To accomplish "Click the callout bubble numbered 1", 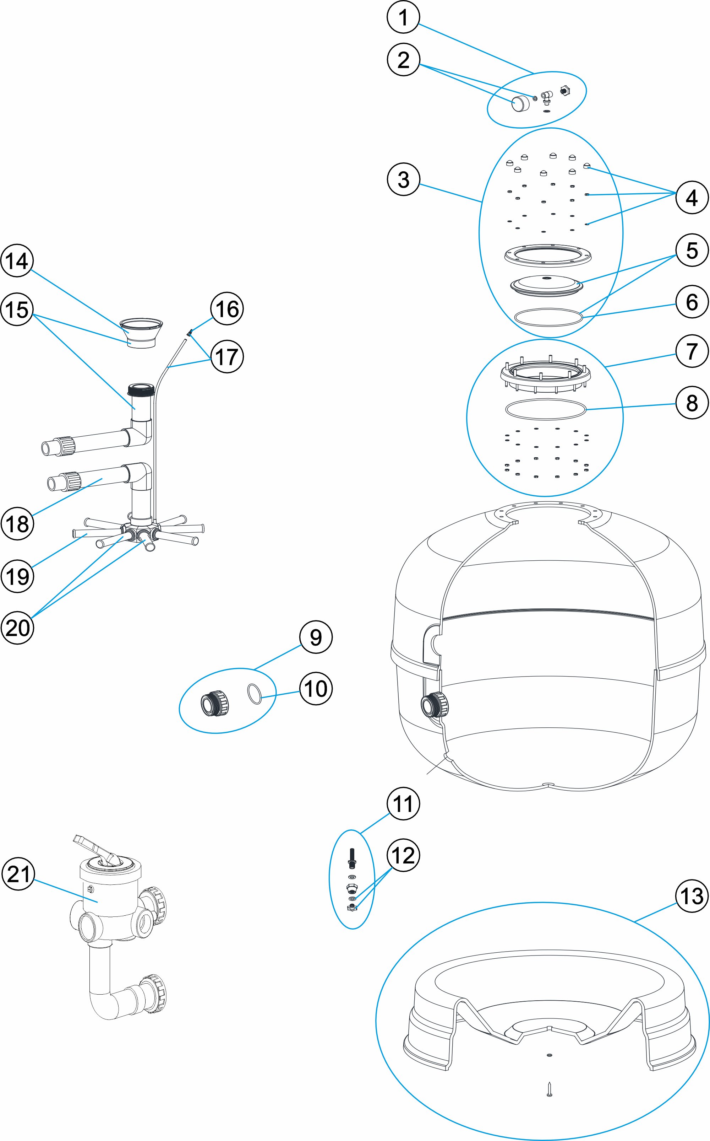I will [x=403, y=17].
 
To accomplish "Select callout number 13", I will [x=692, y=896].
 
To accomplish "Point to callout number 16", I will [x=227, y=309].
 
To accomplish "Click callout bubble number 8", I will [x=692, y=403].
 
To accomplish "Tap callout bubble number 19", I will [x=18, y=576].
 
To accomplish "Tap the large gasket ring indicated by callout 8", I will [x=546, y=409].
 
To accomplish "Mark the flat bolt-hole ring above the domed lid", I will [x=547, y=255].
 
